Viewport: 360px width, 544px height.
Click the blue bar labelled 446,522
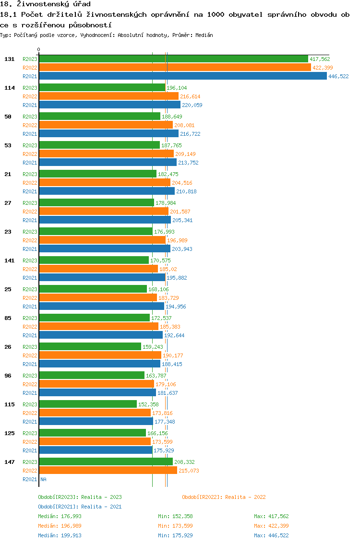pyautogui.click(x=182, y=76)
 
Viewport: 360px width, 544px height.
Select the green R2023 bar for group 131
pyautogui.click(x=173, y=59)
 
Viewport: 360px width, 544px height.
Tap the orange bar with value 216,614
pyautogui.click(x=108, y=96)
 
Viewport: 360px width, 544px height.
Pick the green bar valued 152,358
pyautogui.click(x=87, y=404)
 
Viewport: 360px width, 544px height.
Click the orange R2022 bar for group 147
pyautogui.click(x=108, y=471)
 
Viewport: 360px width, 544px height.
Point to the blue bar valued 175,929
pyautogui.click(x=95, y=450)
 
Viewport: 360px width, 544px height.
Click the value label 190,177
pyautogui.click(x=173, y=355)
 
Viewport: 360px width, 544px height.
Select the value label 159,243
pyautogui.click(x=153, y=347)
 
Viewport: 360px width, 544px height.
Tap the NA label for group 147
pyautogui.click(x=43, y=479)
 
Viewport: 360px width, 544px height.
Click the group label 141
pyautogui.click(x=9, y=260)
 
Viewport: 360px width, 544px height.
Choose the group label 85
pyautogui.click(x=8, y=318)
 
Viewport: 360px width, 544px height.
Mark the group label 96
pyautogui.click(x=8, y=376)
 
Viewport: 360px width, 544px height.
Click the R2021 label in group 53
pyautogui.click(x=30, y=163)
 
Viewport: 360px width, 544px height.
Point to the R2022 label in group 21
pyautogui.click(x=30, y=183)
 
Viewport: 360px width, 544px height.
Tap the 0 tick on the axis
pyautogui.click(x=38, y=49)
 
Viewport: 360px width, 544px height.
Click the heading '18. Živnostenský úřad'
pyautogui.click(x=46, y=4)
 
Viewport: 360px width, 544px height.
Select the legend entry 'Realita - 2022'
pyautogui.click(x=224, y=497)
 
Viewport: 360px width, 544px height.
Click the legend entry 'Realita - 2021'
pyautogui.click(x=80, y=507)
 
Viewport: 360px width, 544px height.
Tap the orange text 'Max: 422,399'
pyautogui.click(x=271, y=526)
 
